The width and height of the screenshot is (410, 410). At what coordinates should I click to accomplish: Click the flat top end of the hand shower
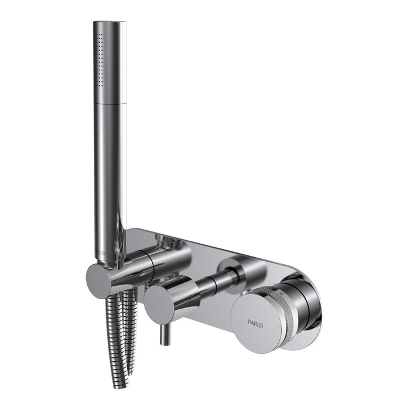pos(110,23)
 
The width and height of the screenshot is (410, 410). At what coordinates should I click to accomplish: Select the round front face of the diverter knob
pos(158,302)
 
